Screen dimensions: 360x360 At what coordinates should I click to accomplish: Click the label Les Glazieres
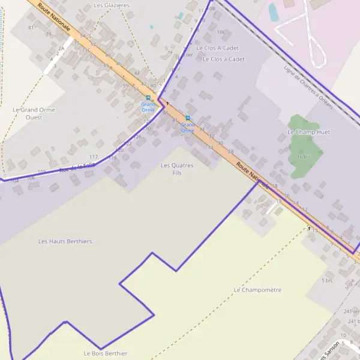112,5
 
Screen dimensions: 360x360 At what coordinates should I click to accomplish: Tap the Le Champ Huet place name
308,132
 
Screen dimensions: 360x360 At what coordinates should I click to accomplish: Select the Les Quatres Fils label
176,169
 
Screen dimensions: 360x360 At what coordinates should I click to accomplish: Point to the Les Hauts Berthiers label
65,241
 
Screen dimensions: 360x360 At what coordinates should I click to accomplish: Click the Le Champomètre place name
257,290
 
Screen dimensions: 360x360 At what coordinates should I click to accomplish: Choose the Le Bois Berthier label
105,353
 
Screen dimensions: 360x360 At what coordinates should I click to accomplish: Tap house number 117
93,157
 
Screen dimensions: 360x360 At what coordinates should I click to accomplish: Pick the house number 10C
221,32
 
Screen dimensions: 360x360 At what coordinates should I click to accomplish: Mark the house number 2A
61,48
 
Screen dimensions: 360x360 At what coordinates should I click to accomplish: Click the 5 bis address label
327,280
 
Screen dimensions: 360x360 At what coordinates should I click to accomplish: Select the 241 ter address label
351,311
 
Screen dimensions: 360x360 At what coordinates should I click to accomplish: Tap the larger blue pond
274,12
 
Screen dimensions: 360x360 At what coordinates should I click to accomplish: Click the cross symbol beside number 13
309,228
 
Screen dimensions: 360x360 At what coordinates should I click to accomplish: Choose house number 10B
211,8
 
